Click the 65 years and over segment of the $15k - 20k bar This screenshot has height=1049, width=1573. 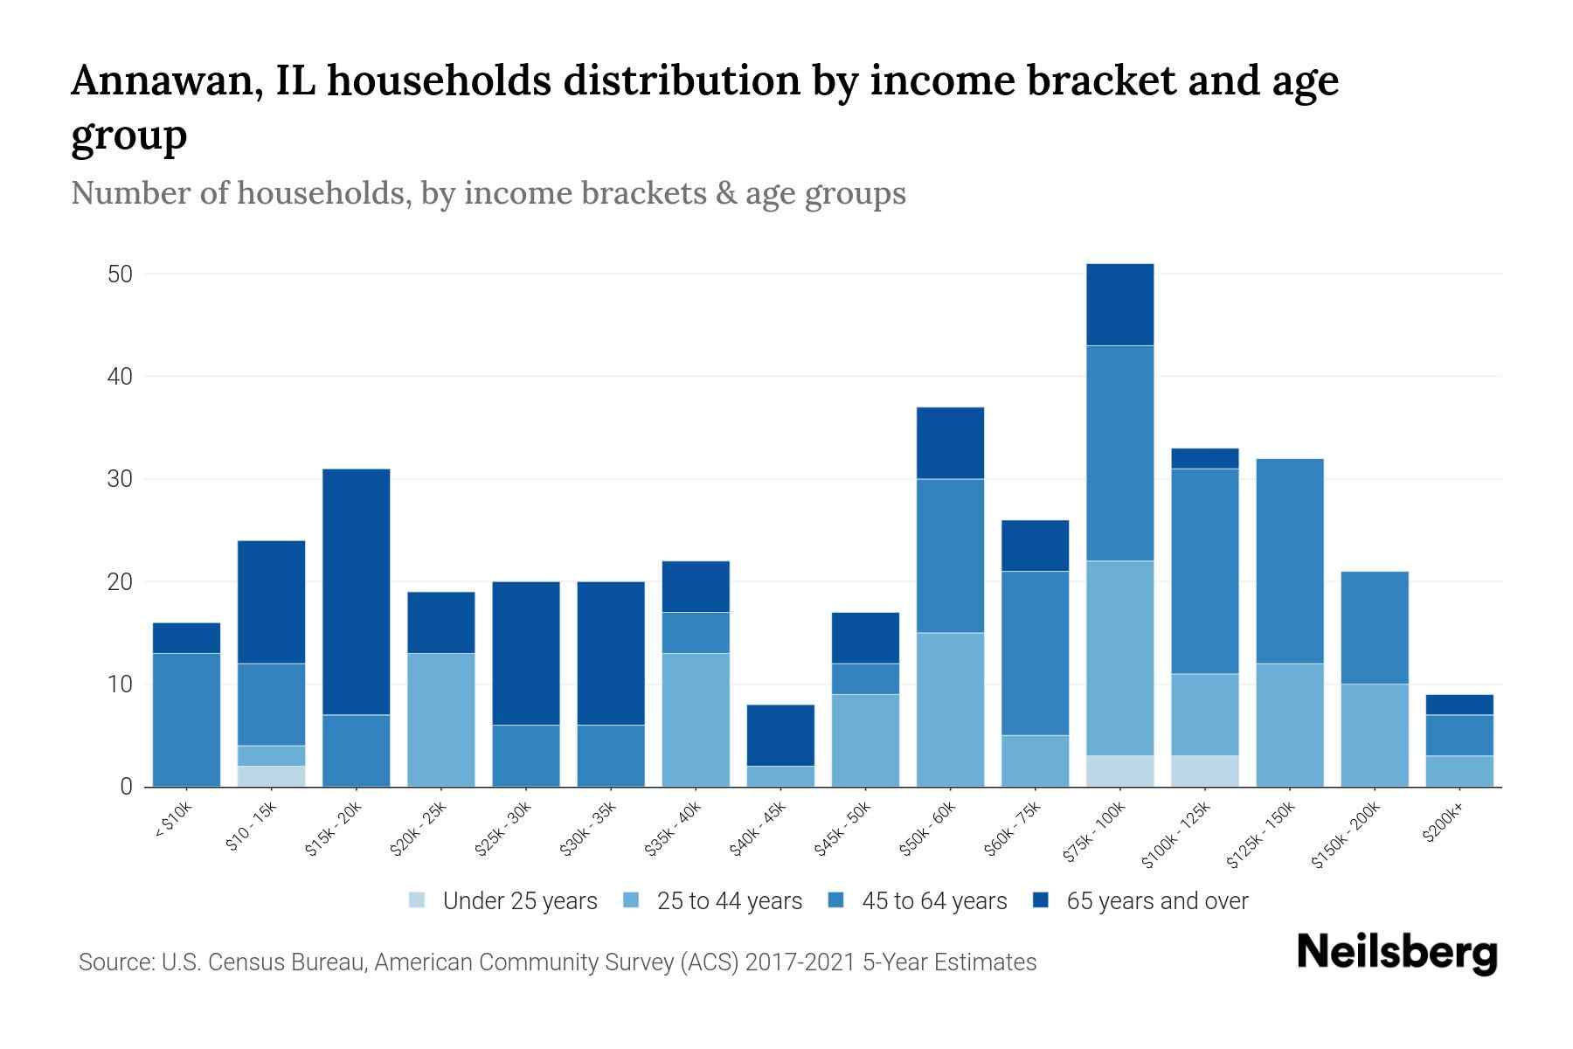356,592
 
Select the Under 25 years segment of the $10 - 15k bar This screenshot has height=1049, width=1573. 271,776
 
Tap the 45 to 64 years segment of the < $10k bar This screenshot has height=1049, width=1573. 186,719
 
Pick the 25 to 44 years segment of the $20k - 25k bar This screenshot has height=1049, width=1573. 440,719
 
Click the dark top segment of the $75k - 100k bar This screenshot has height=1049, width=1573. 1119,304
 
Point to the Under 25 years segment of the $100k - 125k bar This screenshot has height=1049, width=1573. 1205,771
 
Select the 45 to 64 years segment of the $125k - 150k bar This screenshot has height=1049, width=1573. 1290,561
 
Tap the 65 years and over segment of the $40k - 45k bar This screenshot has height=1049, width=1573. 780,735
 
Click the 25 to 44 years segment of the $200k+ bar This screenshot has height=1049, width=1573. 1459,771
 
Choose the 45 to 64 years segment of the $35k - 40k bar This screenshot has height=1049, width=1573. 696,633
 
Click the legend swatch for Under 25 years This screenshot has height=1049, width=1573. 418,900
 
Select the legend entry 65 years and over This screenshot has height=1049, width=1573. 1156,901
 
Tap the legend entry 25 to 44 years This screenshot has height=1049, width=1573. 729,901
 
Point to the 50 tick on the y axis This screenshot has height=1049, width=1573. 120,274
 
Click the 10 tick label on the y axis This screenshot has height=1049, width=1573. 120,684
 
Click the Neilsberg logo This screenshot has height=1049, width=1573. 1396,954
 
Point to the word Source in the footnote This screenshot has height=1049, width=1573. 114,962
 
